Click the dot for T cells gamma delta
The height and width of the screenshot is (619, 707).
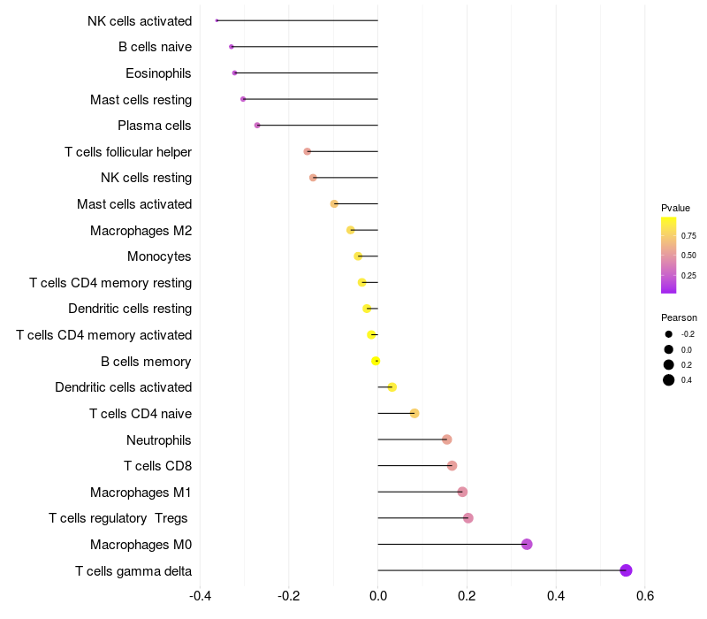click(626, 570)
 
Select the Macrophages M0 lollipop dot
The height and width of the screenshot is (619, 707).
click(527, 544)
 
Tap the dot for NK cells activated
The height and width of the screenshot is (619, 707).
click(217, 20)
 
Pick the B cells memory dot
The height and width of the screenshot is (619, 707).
click(376, 361)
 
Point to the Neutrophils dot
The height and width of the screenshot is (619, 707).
click(447, 439)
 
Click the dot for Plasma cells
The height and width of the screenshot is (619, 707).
click(257, 125)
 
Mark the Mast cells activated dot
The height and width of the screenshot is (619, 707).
click(334, 204)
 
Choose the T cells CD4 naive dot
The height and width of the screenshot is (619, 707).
click(414, 413)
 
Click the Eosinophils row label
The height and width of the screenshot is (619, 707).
click(158, 73)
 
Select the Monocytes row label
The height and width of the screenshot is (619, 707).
click(159, 256)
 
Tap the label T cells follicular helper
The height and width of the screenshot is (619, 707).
click(128, 151)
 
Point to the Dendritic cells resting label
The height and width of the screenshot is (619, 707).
click(130, 309)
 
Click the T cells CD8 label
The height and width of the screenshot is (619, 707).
click(158, 466)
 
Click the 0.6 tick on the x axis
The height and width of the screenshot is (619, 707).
click(645, 596)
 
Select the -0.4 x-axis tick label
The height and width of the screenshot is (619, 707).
click(201, 596)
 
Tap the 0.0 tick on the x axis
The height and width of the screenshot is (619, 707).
click(378, 596)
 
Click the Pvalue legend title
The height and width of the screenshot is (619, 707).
click(675, 208)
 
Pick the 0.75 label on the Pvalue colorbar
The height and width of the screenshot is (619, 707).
click(688, 236)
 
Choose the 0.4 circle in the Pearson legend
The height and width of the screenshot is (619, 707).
click(669, 380)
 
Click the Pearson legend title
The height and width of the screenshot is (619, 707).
click(679, 317)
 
